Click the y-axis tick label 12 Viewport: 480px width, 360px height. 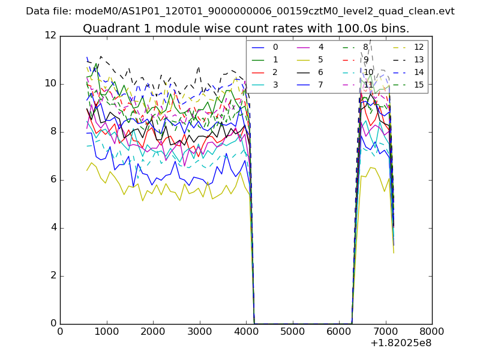pos(50,36)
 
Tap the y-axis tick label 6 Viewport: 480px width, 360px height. pos(53,180)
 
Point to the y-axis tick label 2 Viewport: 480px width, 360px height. pos(53,276)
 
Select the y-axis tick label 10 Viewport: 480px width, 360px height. pos(50,84)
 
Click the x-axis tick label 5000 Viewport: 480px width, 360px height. pos(292,331)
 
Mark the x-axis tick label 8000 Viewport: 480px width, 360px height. pos(432,331)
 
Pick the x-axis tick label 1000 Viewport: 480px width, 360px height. pos(106,331)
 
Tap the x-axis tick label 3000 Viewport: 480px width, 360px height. pos(199,331)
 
